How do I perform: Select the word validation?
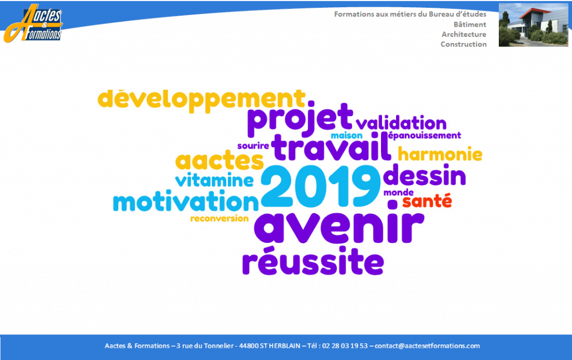(x=401, y=123)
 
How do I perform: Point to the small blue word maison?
(x=346, y=136)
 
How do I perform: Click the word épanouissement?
(x=425, y=136)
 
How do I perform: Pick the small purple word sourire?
(x=253, y=146)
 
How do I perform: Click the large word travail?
(x=331, y=147)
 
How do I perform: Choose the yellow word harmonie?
(x=440, y=153)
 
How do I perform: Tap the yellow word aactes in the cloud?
(x=219, y=160)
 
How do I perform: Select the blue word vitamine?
(x=214, y=180)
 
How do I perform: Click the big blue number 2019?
(x=321, y=186)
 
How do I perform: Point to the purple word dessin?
(x=425, y=176)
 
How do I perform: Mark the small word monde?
(x=398, y=193)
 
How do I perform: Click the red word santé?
(x=427, y=201)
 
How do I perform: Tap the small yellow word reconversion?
(x=219, y=219)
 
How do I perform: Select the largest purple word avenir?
(x=339, y=223)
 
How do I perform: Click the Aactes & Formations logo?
(x=33, y=23)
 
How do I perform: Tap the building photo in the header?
(x=533, y=25)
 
